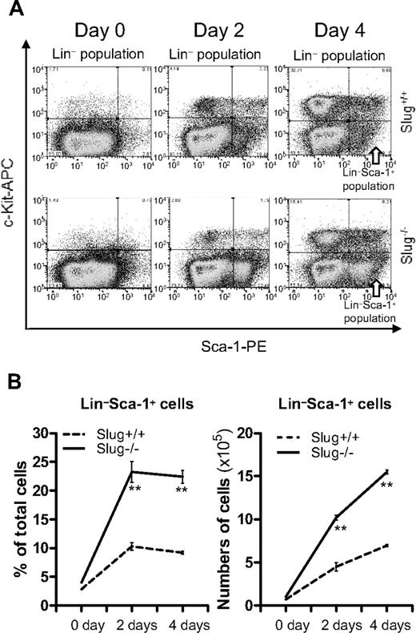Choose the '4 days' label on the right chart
point(383,621)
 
